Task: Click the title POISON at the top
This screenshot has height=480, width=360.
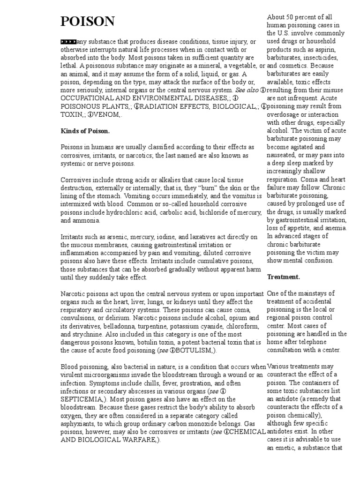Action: tap(88, 21)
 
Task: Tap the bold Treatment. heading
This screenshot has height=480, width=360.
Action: tap(283, 277)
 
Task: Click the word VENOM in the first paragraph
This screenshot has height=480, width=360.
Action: tap(108, 115)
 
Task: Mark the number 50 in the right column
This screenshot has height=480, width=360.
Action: tap(294, 18)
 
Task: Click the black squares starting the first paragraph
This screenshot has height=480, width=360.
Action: tap(69, 42)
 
